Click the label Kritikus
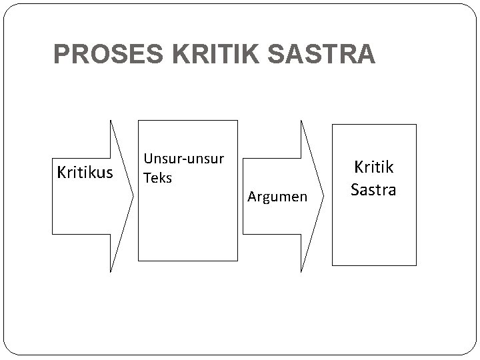[x=85, y=173]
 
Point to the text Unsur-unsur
[x=184, y=160]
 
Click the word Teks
[x=158, y=178]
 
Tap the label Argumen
[x=277, y=196]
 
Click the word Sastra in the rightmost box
[x=373, y=189]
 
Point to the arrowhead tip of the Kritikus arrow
[x=133, y=196]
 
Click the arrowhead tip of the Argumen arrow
[x=324, y=196]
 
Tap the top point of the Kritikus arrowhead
[x=111, y=120]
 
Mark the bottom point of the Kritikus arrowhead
[x=111, y=272]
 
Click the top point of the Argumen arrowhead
[x=301, y=120]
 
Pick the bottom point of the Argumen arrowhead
[x=301, y=272]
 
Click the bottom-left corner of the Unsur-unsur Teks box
[x=138, y=260]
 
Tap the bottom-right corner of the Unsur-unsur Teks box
[x=237, y=260]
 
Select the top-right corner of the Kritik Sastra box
[x=416, y=125]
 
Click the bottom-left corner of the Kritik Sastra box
[x=333, y=265]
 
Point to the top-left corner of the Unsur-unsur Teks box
[x=138, y=120]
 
